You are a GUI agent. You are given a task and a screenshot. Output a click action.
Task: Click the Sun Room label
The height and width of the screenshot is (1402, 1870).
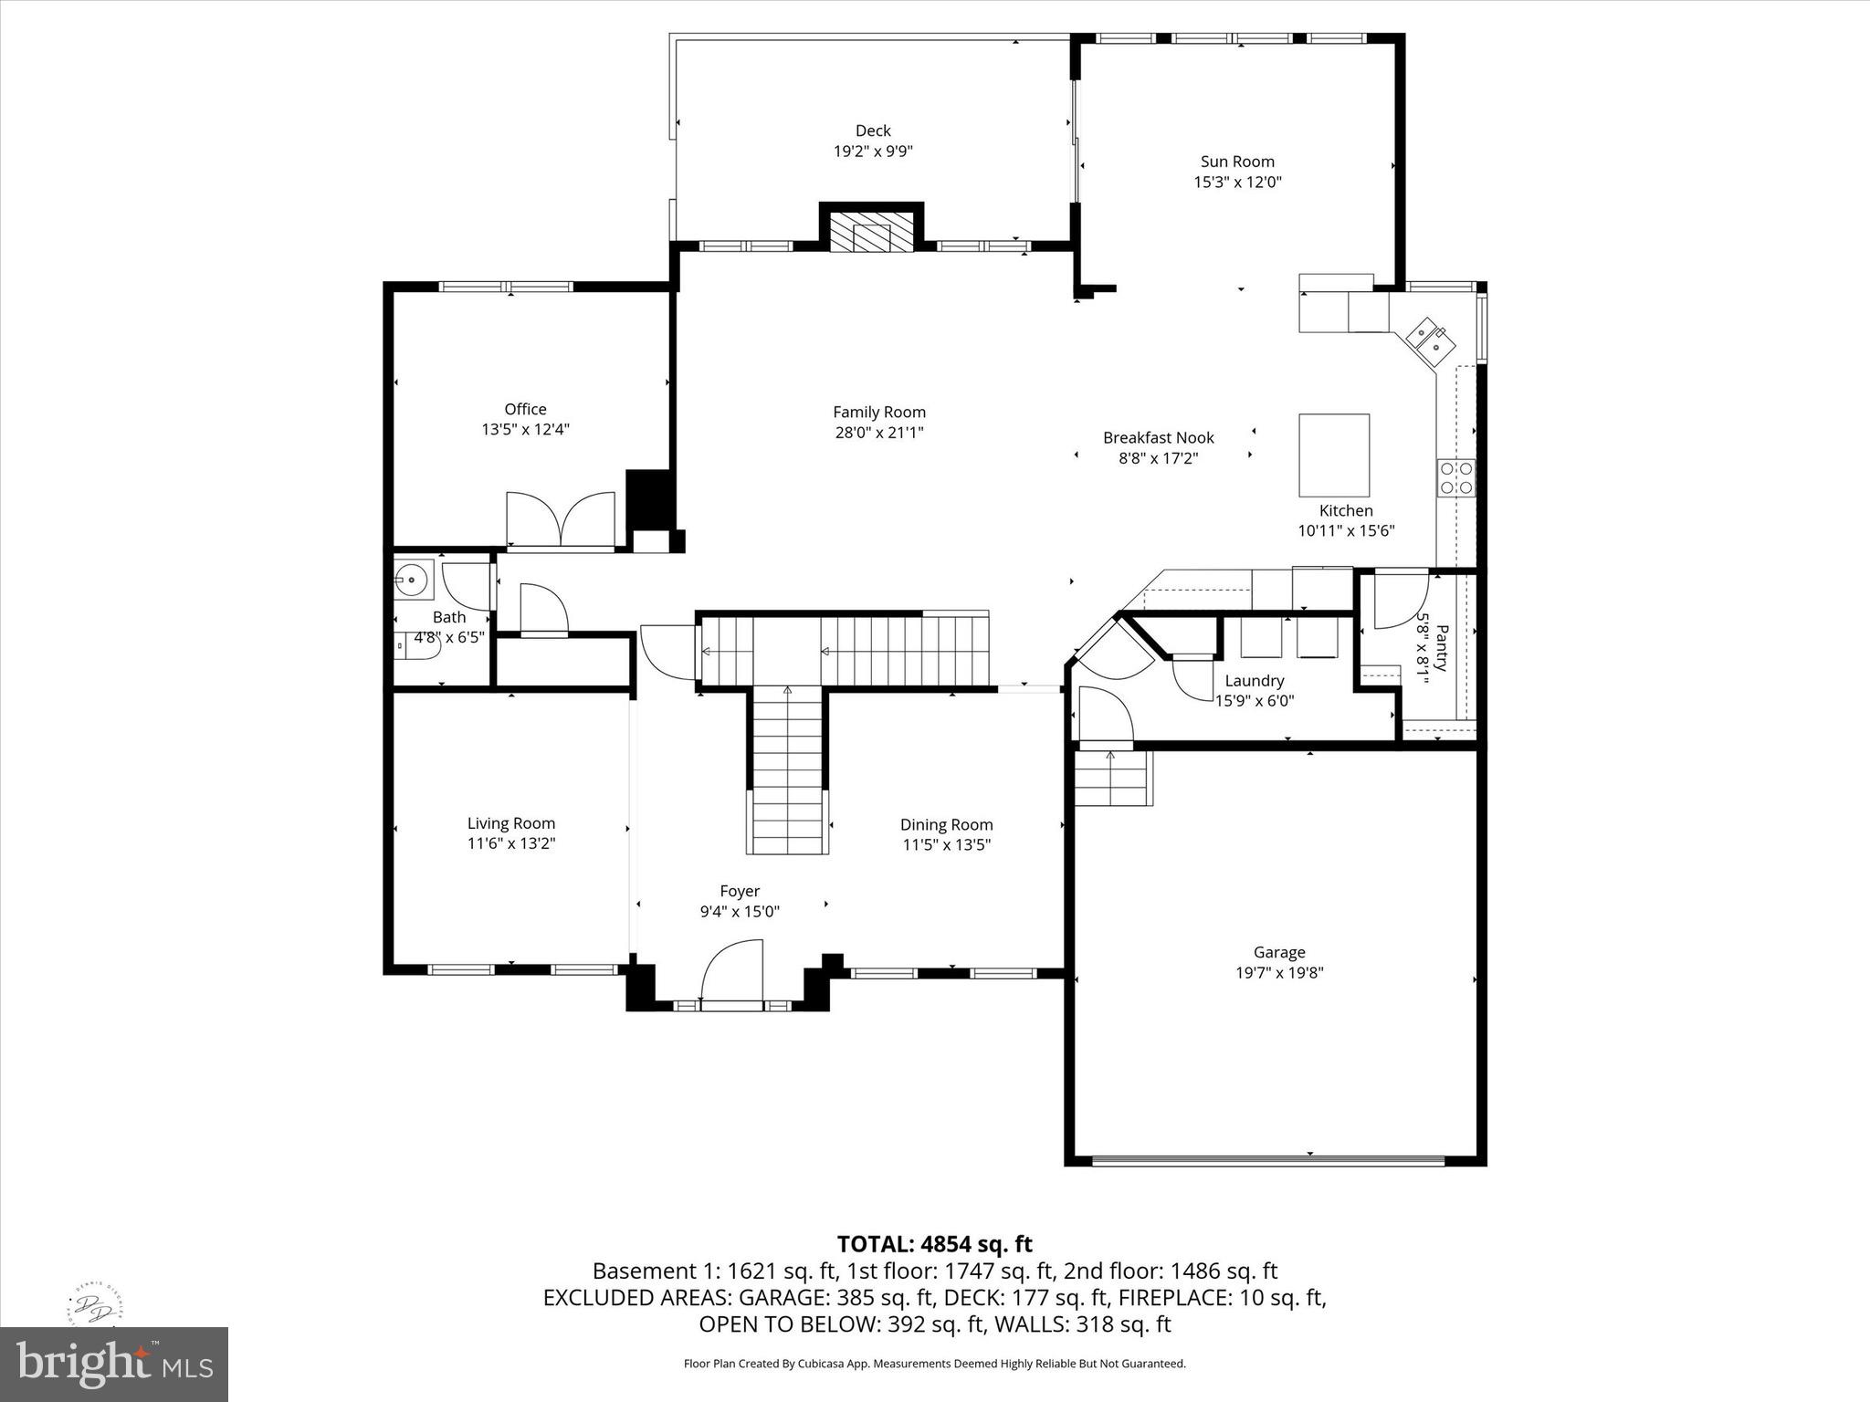tap(1237, 162)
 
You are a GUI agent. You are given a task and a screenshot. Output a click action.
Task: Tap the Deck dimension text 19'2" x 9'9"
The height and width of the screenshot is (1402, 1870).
tap(873, 152)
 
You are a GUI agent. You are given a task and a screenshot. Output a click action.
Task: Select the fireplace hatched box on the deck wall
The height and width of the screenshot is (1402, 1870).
tap(871, 235)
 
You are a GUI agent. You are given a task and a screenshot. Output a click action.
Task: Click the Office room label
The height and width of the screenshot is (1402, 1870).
tap(525, 409)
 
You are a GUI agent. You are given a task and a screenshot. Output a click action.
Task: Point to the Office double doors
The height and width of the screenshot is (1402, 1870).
tap(561, 520)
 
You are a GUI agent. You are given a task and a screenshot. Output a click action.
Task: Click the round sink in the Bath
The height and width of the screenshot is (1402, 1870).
tap(413, 579)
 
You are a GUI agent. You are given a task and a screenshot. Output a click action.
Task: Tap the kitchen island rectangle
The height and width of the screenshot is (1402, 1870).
tap(1334, 455)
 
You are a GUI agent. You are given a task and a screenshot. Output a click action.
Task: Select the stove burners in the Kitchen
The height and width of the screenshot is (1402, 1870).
tap(1456, 477)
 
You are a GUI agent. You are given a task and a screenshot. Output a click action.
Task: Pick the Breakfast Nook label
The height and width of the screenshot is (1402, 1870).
tap(1158, 437)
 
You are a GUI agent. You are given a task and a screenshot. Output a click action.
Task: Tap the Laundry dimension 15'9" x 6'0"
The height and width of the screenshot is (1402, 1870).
tap(1254, 701)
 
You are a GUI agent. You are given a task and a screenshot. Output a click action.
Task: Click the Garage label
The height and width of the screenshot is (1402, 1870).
tap(1278, 952)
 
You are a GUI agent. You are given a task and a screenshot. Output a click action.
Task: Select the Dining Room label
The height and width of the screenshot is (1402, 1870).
tap(946, 824)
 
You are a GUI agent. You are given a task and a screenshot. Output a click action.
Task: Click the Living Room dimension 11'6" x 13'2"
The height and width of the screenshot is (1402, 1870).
tap(511, 843)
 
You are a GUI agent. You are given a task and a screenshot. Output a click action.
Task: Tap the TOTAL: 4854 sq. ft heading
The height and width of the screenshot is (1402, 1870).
tap(934, 1244)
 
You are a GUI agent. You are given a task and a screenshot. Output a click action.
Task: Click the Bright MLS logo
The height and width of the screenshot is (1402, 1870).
tap(114, 1364)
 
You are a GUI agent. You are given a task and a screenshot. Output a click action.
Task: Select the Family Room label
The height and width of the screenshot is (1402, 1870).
tap(878, 412)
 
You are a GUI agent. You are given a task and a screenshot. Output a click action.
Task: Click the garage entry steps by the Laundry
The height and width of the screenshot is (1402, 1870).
tap(1111, 778)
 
